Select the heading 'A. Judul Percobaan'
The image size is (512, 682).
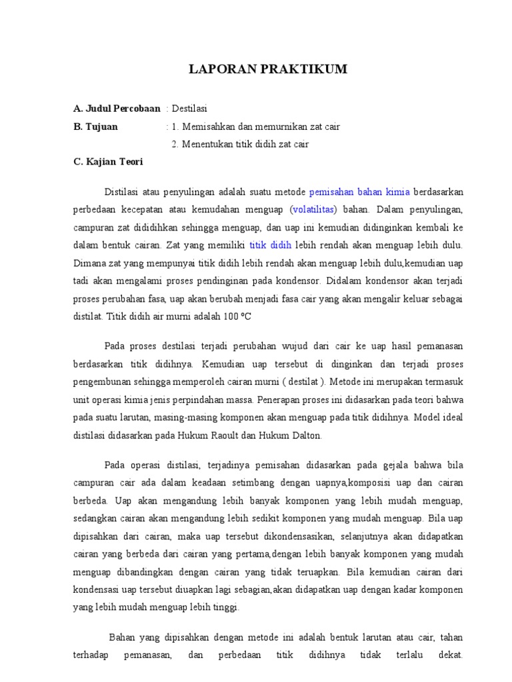[117, 109]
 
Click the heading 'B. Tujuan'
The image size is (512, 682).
[95, 127]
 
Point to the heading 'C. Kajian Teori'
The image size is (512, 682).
[108, 162]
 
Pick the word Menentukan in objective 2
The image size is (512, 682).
[203, 144]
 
